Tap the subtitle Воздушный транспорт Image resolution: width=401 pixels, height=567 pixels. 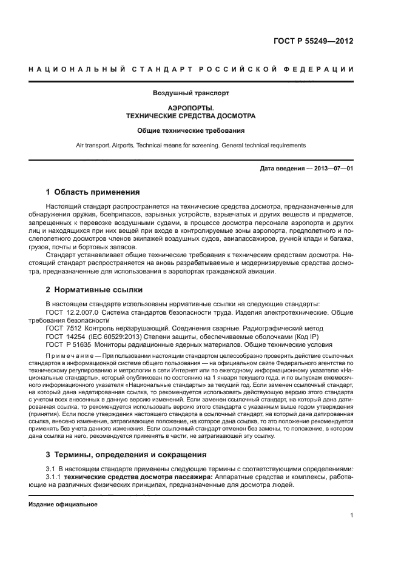pyautogui.click(x=190, y=93)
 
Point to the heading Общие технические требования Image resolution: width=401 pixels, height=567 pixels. pyautogui.click(x=190, y=130)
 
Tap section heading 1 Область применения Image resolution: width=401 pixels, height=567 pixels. pyautogui.click(x=93, y=192)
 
